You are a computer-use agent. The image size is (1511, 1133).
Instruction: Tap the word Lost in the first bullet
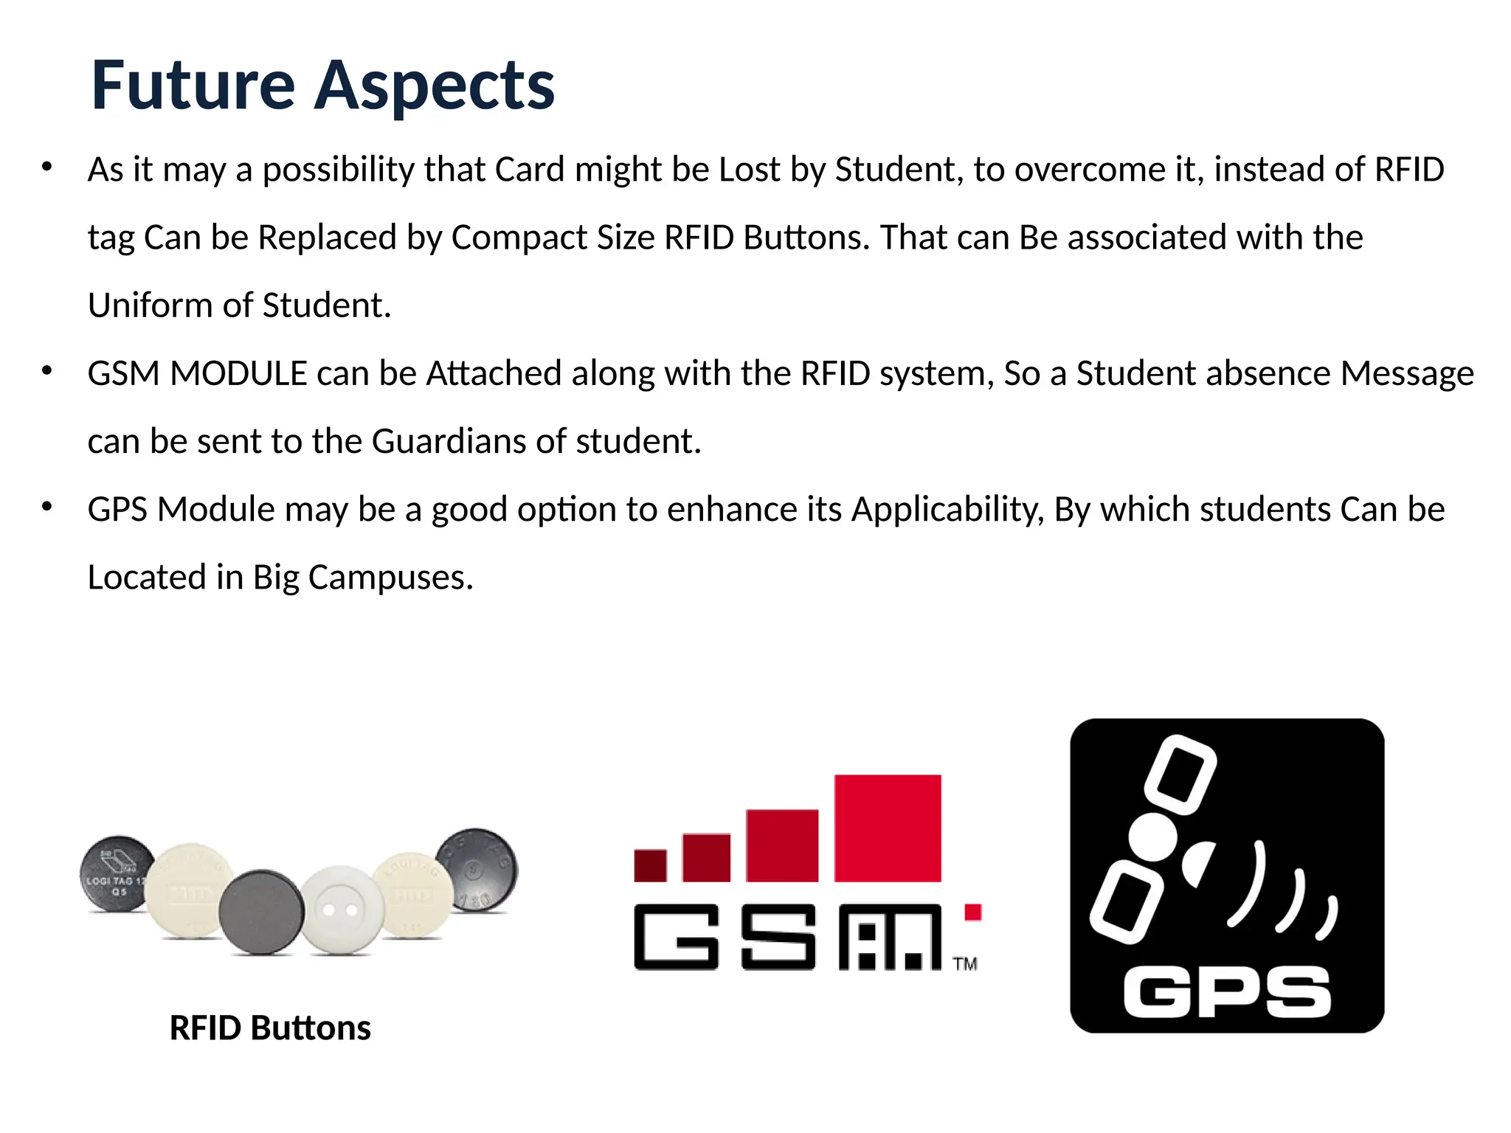749,170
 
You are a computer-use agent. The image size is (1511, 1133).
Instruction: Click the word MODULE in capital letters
238,373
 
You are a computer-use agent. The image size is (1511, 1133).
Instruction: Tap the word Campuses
390,578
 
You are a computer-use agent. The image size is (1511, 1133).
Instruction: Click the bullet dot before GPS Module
47,506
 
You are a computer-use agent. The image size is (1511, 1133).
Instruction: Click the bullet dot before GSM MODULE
47,370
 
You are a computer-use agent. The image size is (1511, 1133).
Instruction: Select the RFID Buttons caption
270,1028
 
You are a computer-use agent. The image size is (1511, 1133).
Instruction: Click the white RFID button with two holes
341,909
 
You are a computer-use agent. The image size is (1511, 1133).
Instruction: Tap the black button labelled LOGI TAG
117,875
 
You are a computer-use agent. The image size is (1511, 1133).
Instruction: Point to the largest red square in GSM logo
888,828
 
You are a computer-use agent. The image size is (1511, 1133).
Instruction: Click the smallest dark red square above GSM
650,865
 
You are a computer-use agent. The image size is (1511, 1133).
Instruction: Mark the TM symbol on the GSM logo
964,964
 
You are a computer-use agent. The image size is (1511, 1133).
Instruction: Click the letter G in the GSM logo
676,937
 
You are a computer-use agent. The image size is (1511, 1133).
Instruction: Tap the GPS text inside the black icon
1226,993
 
